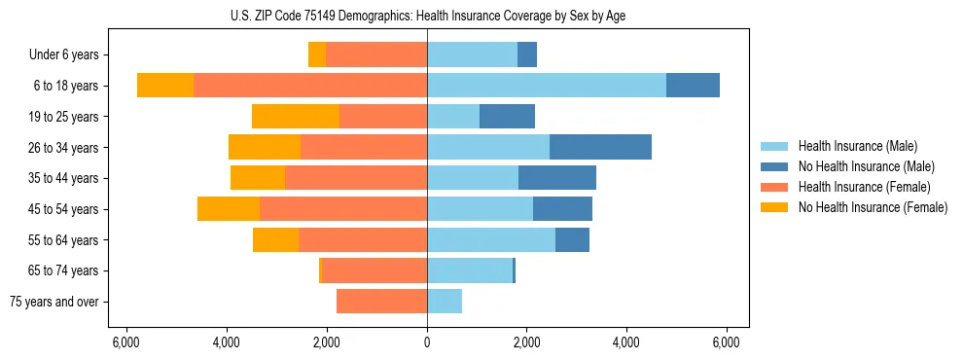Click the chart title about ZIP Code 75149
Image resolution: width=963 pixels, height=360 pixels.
tap(427, 15)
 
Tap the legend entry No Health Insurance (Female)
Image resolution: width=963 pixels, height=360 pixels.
tap(873, 207)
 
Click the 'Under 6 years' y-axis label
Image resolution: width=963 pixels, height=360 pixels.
tap(63, 55)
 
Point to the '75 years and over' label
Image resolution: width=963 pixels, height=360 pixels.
tap(54, 302)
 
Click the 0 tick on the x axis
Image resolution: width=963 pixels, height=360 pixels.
tap(427, 342)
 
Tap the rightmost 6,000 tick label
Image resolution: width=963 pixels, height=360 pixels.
tap(726, 342)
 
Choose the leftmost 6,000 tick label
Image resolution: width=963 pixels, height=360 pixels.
tap(126, 342)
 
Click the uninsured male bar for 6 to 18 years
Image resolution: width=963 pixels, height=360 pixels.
tap(693, 86)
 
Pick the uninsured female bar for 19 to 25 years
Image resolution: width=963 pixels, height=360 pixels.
tap(296, 117)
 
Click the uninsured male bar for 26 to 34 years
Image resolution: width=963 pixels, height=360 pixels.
tap(600, 147)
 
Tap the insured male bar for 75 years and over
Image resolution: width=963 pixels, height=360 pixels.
tap(445, 302)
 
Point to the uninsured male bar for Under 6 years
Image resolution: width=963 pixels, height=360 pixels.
tap(527, 55)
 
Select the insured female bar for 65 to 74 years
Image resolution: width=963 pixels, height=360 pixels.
tap(374, 270)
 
